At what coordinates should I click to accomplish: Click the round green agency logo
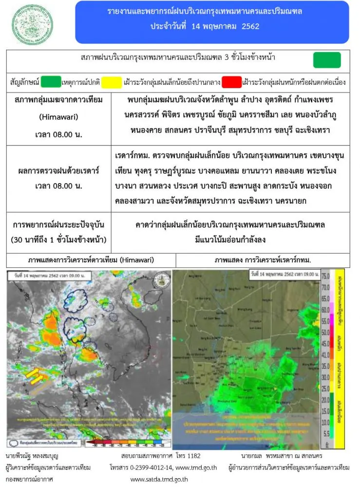(x=30, y=22)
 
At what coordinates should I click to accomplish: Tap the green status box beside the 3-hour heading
(x=327, y=60)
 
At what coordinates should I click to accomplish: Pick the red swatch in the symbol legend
(x=231, y=81)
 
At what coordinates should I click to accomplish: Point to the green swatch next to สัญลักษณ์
(x=51, y=81)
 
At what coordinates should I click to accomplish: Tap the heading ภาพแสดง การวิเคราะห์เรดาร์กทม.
(x=263, y=261)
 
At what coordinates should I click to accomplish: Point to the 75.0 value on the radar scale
(x=326, y=276)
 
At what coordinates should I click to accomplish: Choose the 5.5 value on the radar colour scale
(x=326, y=432)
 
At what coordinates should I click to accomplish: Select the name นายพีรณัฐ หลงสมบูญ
(x=32, y=457)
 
